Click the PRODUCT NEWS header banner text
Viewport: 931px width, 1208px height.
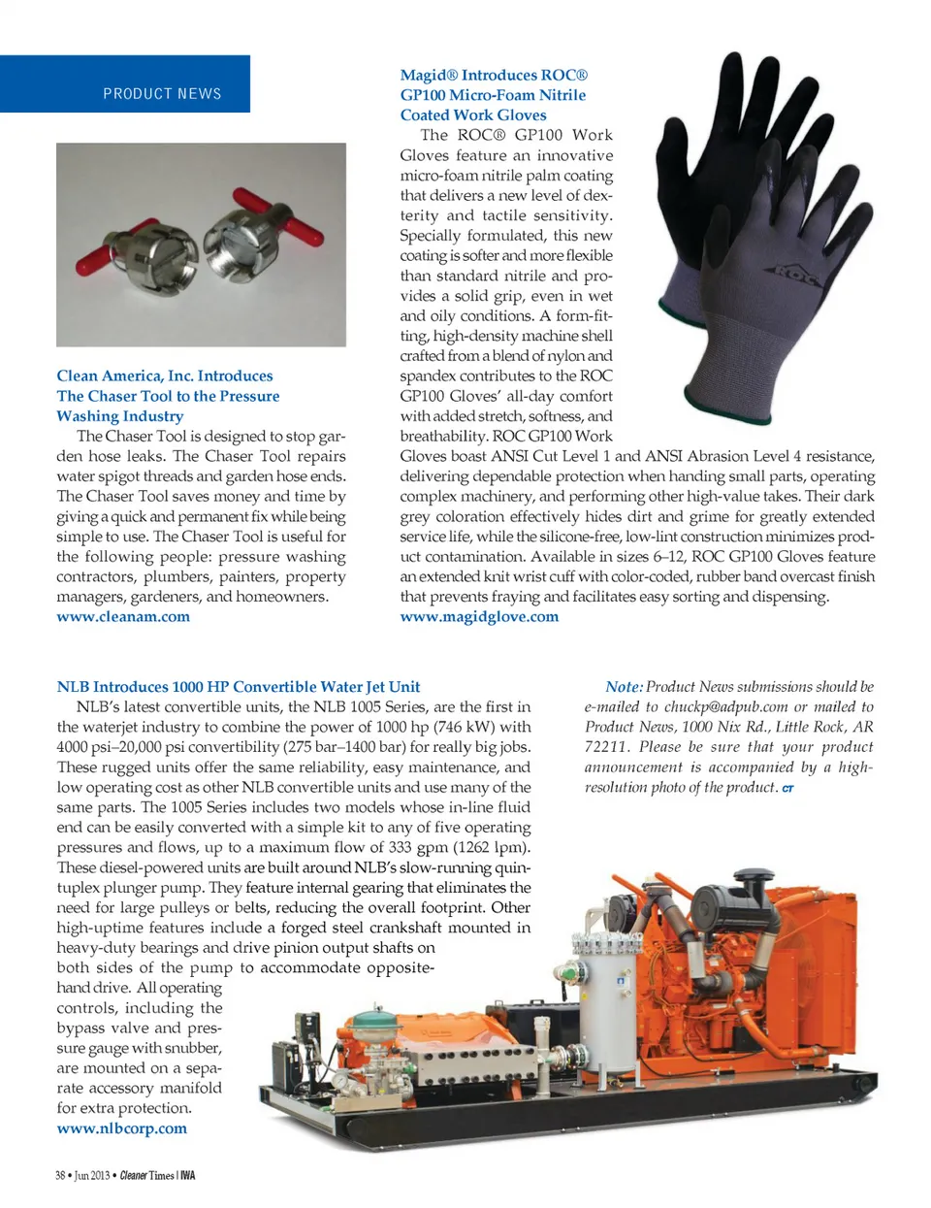(x=162, y=94)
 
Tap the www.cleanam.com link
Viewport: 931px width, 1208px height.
(x=123, y=617)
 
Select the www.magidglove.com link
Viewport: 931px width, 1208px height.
(x=479, y=617)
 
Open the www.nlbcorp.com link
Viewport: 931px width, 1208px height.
(x=122, y=1128)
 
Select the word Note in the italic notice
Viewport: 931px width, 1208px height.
(x=624, y=687)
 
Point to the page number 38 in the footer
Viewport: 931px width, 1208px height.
(x=60, y=1176)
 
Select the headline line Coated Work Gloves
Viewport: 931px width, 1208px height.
(x=473, y=115)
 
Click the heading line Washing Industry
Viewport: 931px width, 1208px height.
(x=120, y=416)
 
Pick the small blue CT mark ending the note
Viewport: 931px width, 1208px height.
(x=787, y=789)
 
